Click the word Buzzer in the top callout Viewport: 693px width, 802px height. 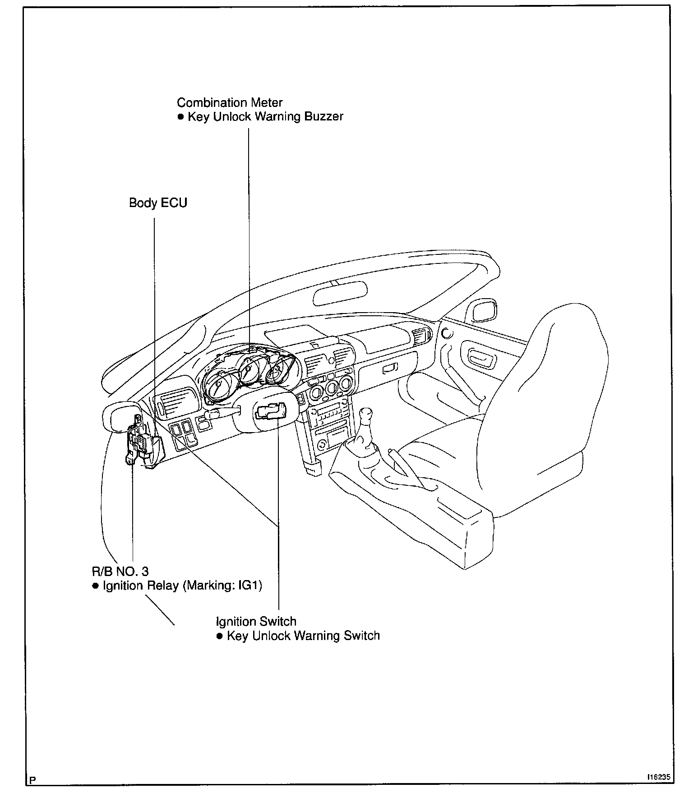tap(323, 117)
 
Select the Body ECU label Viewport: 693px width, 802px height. tap(158, 203)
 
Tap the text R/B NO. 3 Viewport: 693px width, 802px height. tap(120, 572)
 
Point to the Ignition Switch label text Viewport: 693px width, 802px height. tap(256, 622)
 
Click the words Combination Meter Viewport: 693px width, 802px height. tap(230, 103)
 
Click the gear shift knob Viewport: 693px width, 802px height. tap(368, 414)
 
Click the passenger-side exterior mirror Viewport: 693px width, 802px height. tap(482, 311)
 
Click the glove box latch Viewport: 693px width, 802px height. tap(389, 370)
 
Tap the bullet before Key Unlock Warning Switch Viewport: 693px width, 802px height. tap(220, 636)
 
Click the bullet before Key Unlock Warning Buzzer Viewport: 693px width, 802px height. tap(180, 117)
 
